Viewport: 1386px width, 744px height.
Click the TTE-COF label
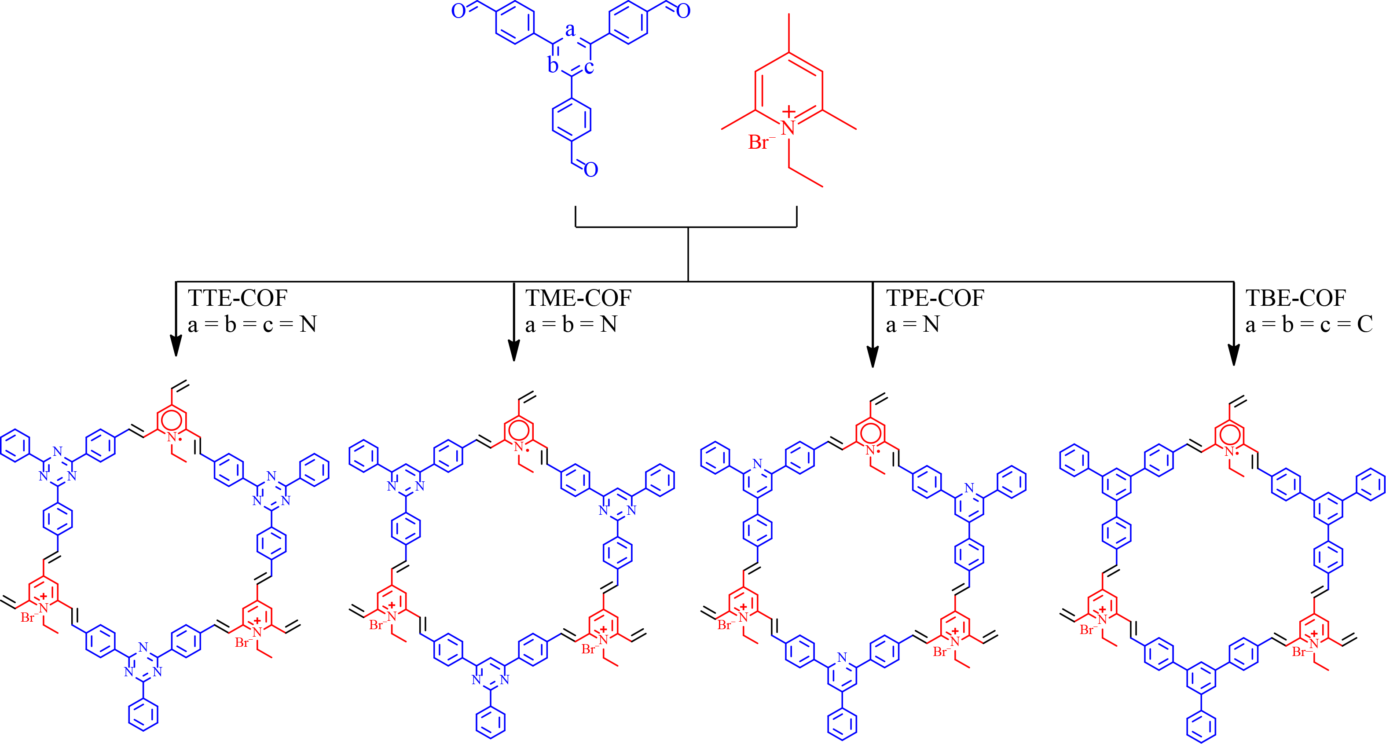click(x=237, y=298)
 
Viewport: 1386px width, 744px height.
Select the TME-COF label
click(x=578, y=298)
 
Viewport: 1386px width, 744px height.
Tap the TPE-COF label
click(x=935, y=298)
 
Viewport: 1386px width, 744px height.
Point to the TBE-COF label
click(x=1296, y=298)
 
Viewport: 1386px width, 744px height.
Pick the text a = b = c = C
click(x=1309, y=324)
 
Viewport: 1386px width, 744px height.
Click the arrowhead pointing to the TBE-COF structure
click(x=1234, y=356)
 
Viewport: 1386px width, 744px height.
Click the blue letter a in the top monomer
click(x=570, y=29)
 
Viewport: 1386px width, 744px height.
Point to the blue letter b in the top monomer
click(x=553, y=65)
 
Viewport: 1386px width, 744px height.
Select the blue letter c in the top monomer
click(x=589, y=67)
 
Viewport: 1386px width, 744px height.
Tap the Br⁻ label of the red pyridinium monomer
click(x=761, y=142)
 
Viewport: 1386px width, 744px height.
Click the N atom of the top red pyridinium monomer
click(x=788, y=128)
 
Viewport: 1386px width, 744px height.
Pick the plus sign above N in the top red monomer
click(x=789, y=112)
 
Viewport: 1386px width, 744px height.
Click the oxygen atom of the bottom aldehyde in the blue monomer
click(x=591, y=170)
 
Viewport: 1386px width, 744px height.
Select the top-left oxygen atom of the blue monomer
click(x=458, y=11)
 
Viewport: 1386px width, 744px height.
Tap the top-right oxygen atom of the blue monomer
click(x=683, y=11)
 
